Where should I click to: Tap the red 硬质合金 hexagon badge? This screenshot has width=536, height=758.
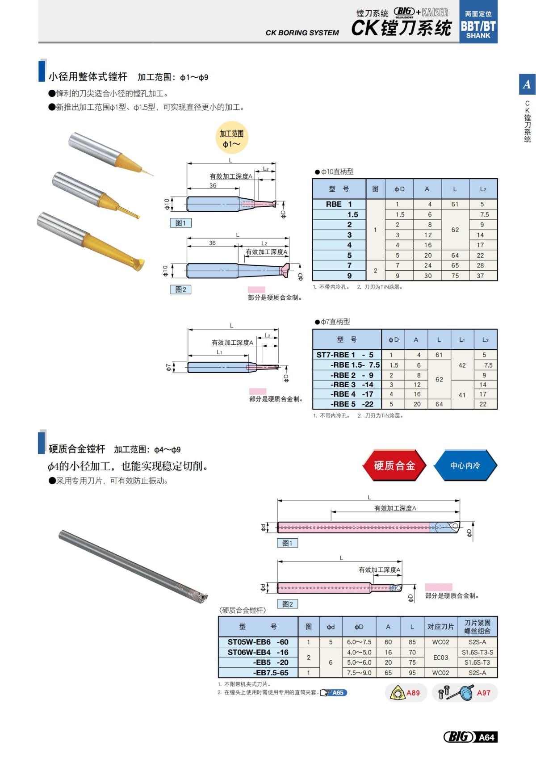coord(394,465)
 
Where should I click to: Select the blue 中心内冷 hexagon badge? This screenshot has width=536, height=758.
coord(465,465)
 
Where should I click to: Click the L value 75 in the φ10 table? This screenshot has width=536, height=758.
coord(455,276)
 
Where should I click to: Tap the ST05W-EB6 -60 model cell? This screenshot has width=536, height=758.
coord(258,642)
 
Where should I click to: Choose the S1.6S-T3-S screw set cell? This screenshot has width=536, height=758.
coord(477,652)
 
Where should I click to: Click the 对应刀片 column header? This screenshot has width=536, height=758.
coord(440,627)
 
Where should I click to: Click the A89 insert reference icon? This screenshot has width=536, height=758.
coord(406,693)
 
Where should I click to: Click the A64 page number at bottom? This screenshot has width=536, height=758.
coord(486,737)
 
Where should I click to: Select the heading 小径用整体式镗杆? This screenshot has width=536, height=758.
coord(88,77)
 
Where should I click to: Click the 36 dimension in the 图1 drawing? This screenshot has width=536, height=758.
coord(213,185)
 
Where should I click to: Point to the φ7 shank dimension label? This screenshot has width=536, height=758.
coord(168,367)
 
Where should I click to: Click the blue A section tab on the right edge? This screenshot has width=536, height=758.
coord(527,84)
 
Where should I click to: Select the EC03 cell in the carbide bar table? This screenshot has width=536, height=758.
coord(440,657)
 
